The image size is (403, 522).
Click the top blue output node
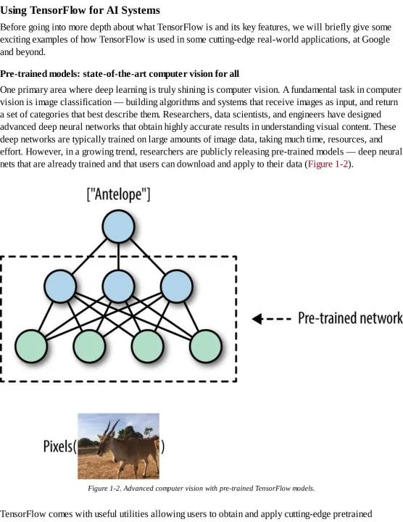coord(118,226)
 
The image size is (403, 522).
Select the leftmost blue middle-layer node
coord(60,286)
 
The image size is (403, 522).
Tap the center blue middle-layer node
coord(118,286)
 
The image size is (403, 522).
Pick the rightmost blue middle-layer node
coord(176,286)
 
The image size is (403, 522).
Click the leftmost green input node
coord(31,347)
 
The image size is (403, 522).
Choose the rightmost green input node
coord(206,347)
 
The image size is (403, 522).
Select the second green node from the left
coord(89,347)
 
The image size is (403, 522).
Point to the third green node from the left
coord(147,347)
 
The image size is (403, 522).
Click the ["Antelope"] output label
coord(118,194)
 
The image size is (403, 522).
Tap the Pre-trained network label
coord(350,318)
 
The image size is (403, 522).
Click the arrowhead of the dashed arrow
coord(257,319)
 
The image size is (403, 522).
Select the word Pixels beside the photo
coord(57,446)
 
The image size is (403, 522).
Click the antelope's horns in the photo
coord(111,427)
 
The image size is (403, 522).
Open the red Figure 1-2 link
coord(328,164)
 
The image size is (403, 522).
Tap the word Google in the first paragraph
coord(376,40)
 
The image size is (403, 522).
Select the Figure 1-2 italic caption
coord(201,489)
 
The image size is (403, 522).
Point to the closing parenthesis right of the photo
coord(162,447)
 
